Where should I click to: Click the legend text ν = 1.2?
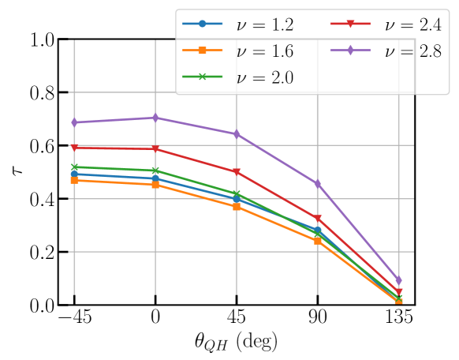(264, 24)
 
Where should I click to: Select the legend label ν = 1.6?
(264, 51)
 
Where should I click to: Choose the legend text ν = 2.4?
(412, 24)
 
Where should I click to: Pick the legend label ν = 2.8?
(412, 51)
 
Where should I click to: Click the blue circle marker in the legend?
(202, 24)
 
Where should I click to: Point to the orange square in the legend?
(202, 51)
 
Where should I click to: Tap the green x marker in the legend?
(202, 77)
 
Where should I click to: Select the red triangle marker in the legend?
(350, 24)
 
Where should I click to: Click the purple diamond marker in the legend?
(350, 51)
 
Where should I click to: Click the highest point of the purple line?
(155, 118)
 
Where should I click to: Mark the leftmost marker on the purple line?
(74, 122)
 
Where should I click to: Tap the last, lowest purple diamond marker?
(398, 280)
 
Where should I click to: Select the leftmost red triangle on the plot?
(74, 148)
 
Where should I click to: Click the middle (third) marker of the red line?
(237, 172)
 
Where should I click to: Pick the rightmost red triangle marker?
(398, 293)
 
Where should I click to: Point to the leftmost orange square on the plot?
(74, 180)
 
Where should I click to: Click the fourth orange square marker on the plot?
(317, 240)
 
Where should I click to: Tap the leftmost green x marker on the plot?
(74, 167)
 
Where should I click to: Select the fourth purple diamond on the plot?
(317, 183)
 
